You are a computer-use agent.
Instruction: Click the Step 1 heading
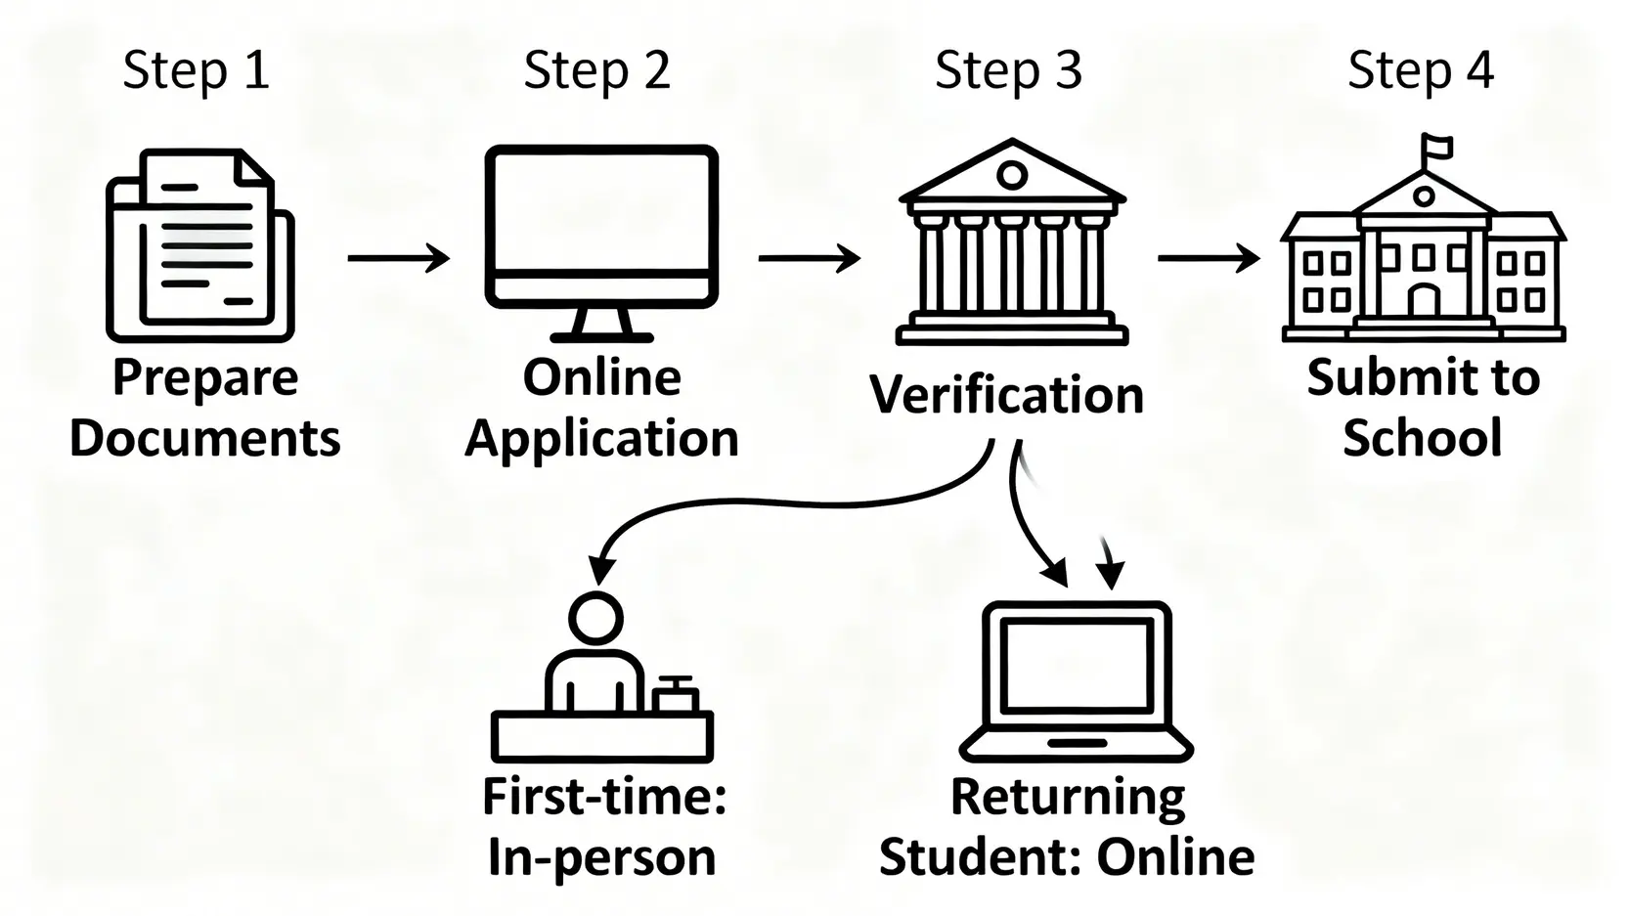pos(196,70)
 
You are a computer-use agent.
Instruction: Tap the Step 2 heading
pos(596,70)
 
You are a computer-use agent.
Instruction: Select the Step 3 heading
pos(1008,70)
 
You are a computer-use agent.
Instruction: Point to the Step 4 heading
pos(1421,70)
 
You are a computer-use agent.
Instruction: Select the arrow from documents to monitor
pos(399,259)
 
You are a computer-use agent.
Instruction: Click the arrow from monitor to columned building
pos(810,259)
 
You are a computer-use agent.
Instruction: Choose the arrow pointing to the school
pos(1210,259)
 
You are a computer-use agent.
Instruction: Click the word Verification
pos(1007,395)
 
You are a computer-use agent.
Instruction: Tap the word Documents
pos(205,438)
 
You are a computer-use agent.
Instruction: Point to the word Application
pos(601,438)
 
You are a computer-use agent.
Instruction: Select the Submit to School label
pos(1423,407)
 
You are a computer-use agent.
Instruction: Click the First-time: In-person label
pos(604,827)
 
